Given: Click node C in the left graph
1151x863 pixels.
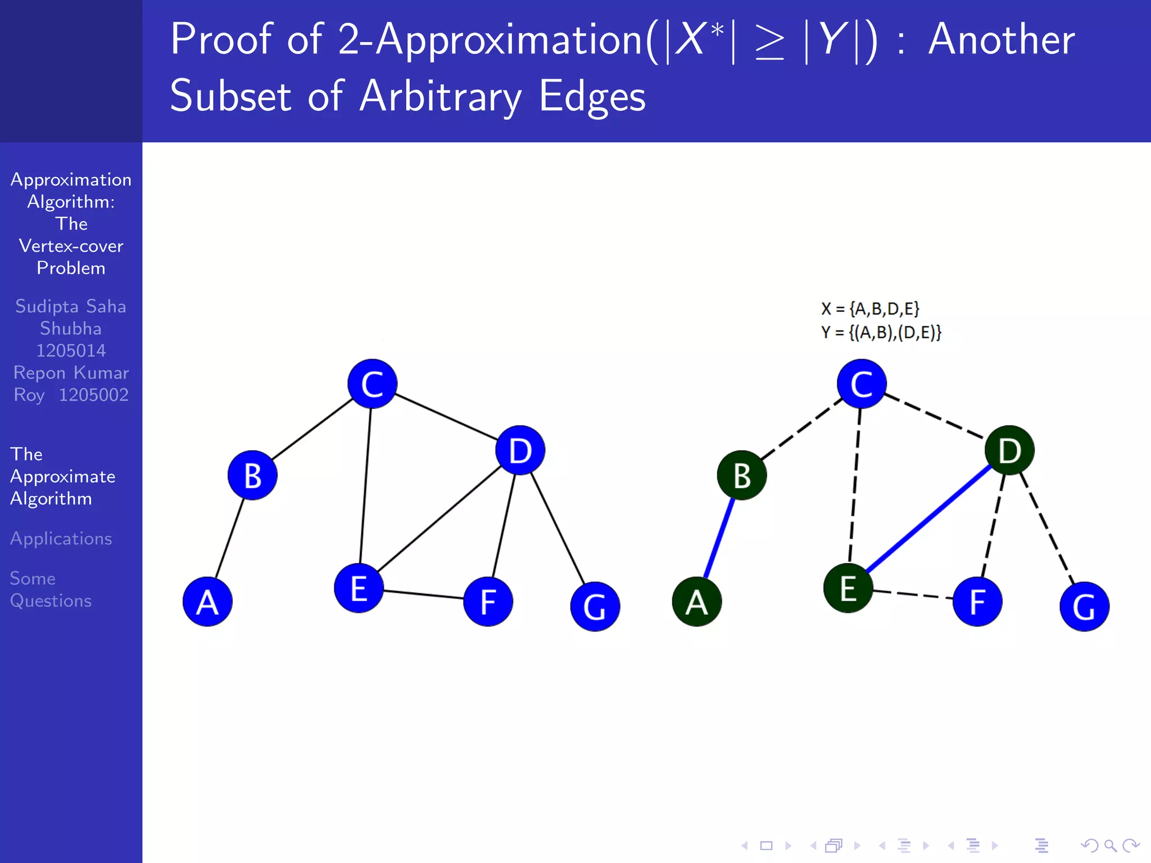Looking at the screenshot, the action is tap(372, 384).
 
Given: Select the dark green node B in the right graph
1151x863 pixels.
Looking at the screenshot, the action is tap(742, 475).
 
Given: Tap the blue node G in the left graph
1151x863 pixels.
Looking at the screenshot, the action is tap(595, 606).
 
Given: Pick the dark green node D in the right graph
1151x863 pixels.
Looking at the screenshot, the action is tap(1009, 450).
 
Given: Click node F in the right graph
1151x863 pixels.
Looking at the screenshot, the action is tap(977, 602).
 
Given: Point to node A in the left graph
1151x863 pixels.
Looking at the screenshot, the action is tap(207, 602).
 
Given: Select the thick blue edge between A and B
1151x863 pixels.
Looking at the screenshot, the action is tap(719, 538).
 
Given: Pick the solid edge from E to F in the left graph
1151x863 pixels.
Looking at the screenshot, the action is tap(424, 594).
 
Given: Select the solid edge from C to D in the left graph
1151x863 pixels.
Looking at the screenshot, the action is tap(446, 416).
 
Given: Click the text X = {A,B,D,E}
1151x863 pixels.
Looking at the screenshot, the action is tap(870, 308).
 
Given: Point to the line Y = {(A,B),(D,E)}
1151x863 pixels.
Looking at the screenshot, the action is tap(881, 333).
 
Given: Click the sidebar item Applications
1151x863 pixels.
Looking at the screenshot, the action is tap(61, 538).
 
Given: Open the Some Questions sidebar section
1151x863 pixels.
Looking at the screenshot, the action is tap(51, 589).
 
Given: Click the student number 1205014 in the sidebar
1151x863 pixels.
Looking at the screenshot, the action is tap(71, 351).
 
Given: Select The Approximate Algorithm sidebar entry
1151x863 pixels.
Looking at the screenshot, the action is tap(62, 476).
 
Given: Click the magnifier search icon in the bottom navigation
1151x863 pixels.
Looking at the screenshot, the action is tap(1110, 845).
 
